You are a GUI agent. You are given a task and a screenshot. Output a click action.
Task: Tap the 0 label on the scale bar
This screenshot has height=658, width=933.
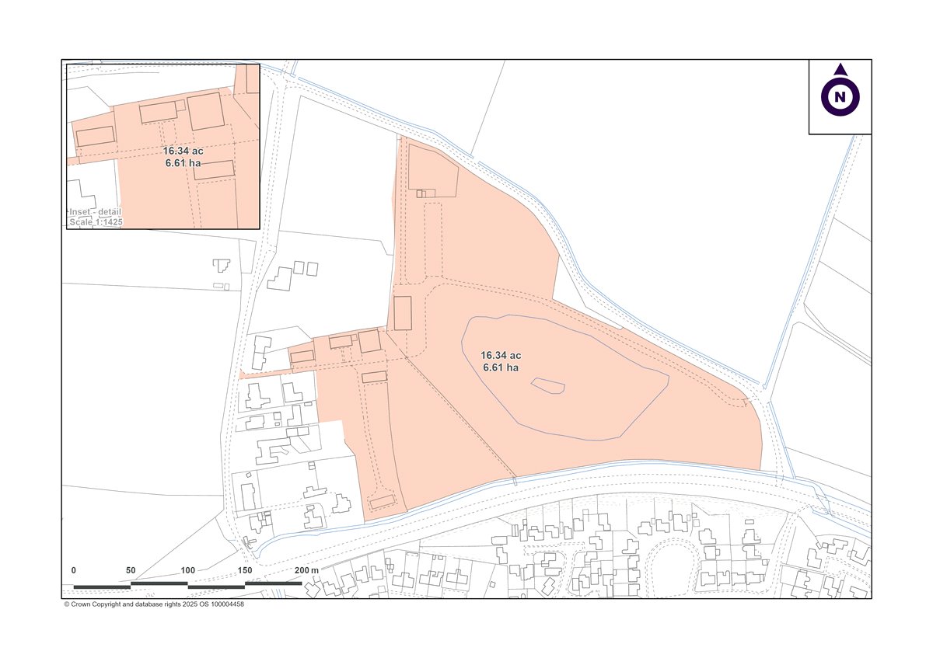tap(74, 570)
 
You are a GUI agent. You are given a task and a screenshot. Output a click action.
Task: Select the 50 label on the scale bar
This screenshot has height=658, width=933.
tap(131, 570)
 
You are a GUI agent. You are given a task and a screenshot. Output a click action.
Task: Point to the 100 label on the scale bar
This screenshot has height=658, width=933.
tap(188, 570)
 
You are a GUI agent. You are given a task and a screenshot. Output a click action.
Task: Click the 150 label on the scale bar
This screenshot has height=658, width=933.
tap(245, 570)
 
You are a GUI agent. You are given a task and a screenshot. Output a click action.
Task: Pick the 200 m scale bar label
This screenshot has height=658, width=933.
tap(307, 570)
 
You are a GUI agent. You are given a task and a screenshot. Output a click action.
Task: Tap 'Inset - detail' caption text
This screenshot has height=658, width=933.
tap(95, 212)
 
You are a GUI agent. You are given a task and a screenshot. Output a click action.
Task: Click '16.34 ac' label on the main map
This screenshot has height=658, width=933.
tap(501, 355)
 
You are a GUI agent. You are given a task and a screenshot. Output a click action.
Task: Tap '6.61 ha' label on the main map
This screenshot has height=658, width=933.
tap(501, 367)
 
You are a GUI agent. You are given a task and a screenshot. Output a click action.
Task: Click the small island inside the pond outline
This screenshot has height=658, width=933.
tap(548, 385)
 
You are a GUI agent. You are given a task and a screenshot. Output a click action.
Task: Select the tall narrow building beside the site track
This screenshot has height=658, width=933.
tap(402, 313)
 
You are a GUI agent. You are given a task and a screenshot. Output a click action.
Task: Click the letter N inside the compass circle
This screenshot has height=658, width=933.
tap(840, 97)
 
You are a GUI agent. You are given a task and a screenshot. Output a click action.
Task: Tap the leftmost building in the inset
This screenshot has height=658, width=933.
tap(96, 136)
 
